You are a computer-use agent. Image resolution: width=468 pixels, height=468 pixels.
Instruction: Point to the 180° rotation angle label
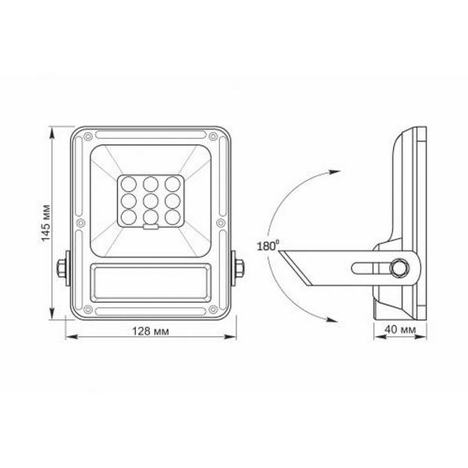267,246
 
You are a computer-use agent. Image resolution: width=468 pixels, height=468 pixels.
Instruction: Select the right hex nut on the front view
239,270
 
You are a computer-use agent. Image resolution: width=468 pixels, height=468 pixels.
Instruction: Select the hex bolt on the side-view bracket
400,268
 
